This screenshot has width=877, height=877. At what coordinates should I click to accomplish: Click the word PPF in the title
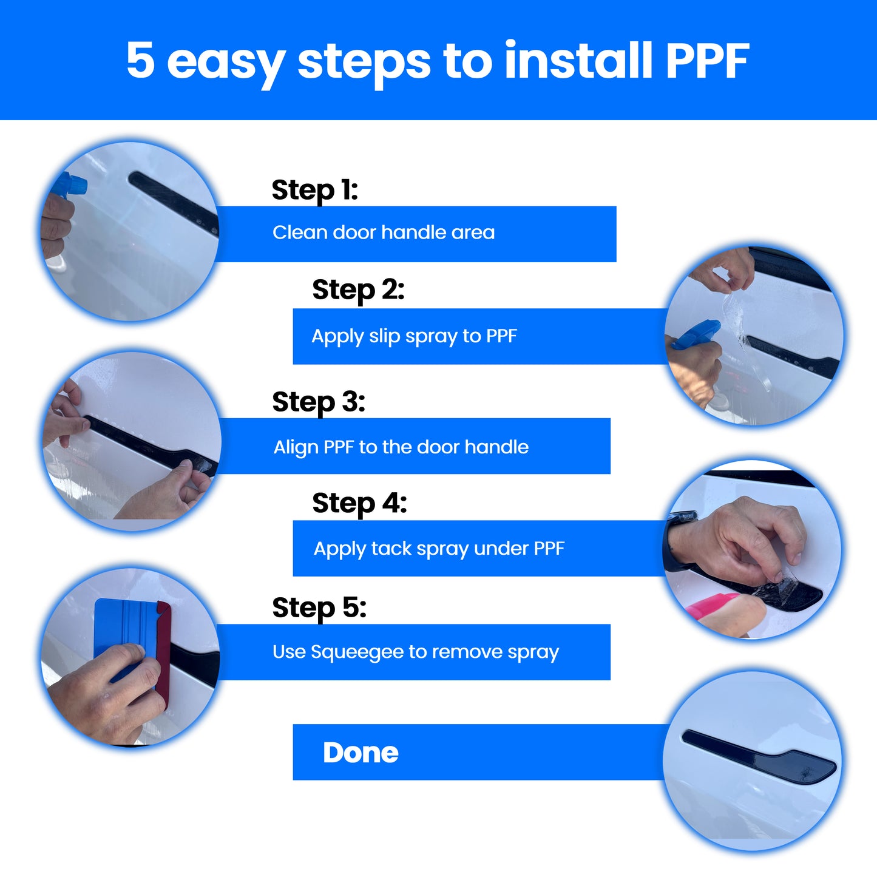[707, 61]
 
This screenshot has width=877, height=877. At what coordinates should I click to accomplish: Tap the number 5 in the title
[141, 61]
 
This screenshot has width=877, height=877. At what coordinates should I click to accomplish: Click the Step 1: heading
[314, 190]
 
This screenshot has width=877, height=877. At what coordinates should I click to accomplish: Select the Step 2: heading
[358, 290]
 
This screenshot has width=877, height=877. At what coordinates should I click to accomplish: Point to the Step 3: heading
[319, 402]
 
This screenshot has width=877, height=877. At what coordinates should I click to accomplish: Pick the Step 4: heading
[359, 503]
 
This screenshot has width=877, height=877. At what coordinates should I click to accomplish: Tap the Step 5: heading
[319, 608]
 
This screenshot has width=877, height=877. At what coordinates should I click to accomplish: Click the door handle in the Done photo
[759, 758]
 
